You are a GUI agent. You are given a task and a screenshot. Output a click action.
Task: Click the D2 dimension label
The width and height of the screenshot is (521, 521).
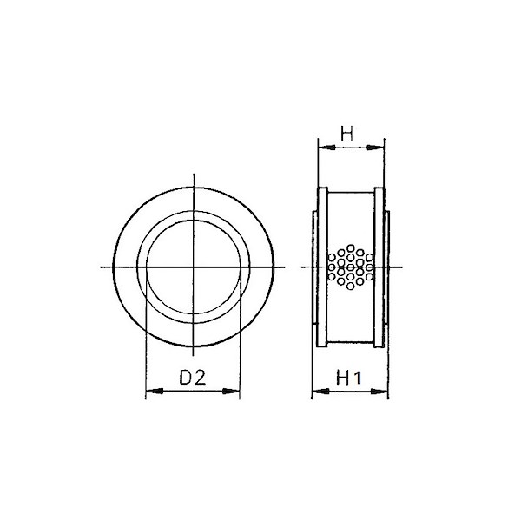click(193, 377)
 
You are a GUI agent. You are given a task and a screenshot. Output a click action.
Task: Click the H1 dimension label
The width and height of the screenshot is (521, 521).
click(348, 378)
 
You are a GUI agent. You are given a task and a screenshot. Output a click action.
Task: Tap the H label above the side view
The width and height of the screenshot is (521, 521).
click(346, 133)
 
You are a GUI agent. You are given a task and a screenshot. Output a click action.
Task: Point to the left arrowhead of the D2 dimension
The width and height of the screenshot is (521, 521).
click(155, 391)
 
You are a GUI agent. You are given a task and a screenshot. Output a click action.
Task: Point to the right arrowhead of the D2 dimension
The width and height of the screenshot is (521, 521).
click(231, 391)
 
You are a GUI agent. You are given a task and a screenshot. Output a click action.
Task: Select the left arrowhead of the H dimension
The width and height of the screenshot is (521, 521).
click(326, 148)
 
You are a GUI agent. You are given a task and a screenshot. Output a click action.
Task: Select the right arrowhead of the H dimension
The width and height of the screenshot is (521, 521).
click(375, 148)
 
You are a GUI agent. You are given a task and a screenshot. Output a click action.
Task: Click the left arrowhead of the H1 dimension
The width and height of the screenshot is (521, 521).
click(321, 392)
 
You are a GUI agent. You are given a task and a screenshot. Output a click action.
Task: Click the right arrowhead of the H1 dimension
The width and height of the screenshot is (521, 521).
click(379, 392)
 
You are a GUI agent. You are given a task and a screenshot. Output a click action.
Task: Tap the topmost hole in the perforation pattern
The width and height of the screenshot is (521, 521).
click(350, 247)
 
